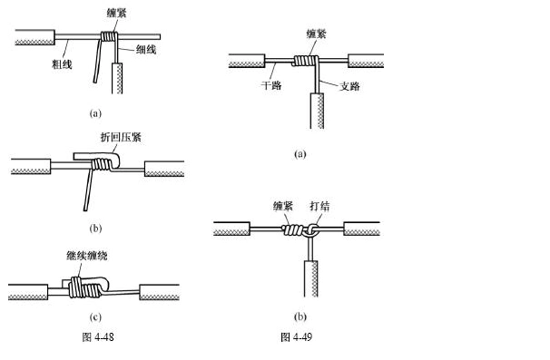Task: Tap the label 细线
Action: tap(144, 50)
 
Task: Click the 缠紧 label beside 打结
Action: tap(284, 207)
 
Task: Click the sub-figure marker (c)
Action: tap(94, 317)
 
